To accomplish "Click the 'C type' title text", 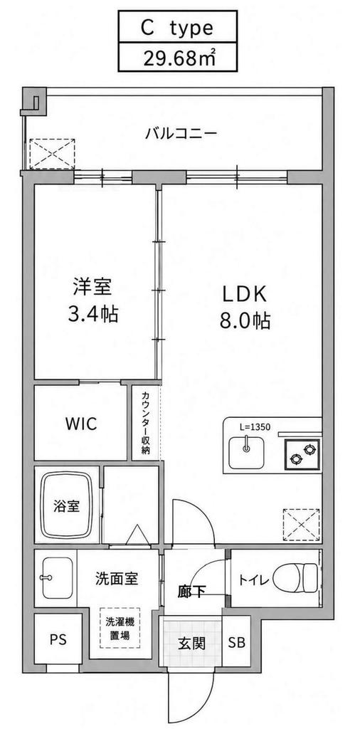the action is click(177, 28).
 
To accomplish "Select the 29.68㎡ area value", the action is click(178, 58).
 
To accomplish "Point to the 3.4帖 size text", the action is click(93, 315).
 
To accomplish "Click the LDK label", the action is click(244, 294).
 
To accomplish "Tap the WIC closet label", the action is click(81, 423).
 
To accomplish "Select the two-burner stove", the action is click(302, 453).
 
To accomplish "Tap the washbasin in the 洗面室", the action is click(57, 578).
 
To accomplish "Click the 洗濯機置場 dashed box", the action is click(120, 628).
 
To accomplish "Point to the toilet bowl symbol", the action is click(296, 578).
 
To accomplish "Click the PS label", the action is click(58, 639).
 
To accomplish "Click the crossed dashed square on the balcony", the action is click(51, 154).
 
